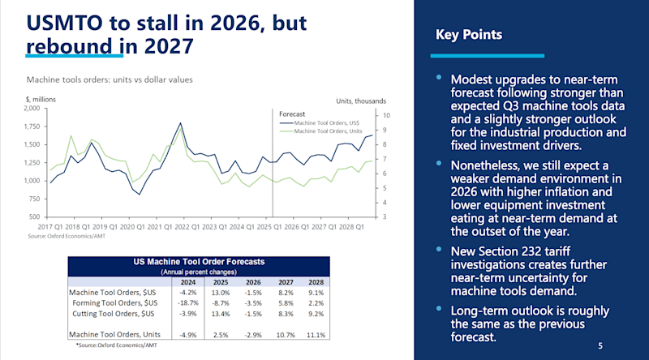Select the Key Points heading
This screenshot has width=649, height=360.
(x=470, y=35)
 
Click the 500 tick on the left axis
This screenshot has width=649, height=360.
(x=34, y=217)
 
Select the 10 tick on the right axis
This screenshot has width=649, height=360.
(x=386, y=115)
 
